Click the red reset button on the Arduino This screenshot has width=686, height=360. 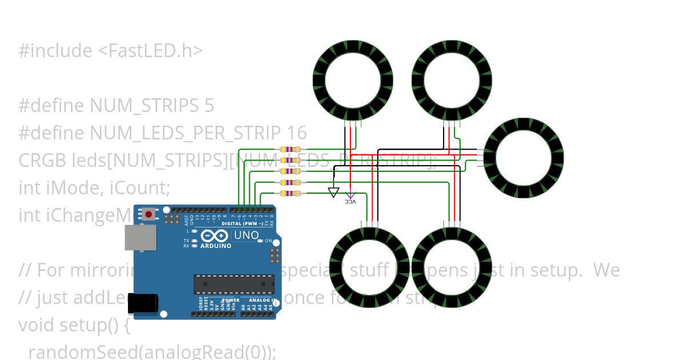[x=149, y=214]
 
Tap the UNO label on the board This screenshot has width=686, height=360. [x=246, y=235]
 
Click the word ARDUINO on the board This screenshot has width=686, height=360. [x=216, y=246]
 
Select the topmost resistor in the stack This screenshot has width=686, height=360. [x=291, y=150]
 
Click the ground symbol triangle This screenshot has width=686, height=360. [x=334, y=192]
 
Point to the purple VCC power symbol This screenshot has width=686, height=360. [x=350, y=197]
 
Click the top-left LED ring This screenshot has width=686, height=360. [x=347, y=79]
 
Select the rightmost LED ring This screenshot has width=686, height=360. [x=524, y=158]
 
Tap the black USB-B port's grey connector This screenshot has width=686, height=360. [x=139, y=237]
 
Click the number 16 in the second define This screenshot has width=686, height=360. [x=297, y=133]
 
